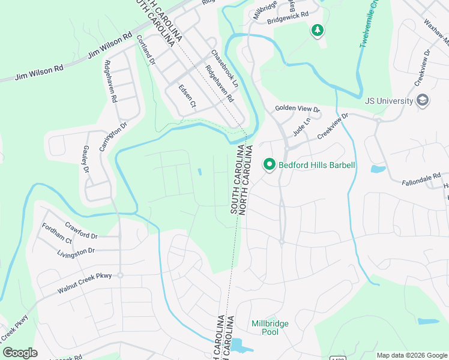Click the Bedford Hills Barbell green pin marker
point(270,164)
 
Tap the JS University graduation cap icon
point(423,100)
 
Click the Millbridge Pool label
point(270,328)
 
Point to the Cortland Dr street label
point(146,50)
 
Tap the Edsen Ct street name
point(187,96)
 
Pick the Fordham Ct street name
point(57,233)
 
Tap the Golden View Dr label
point(298,109)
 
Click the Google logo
point(20,352)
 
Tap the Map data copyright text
point(412,355)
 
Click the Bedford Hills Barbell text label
point(317,164)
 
